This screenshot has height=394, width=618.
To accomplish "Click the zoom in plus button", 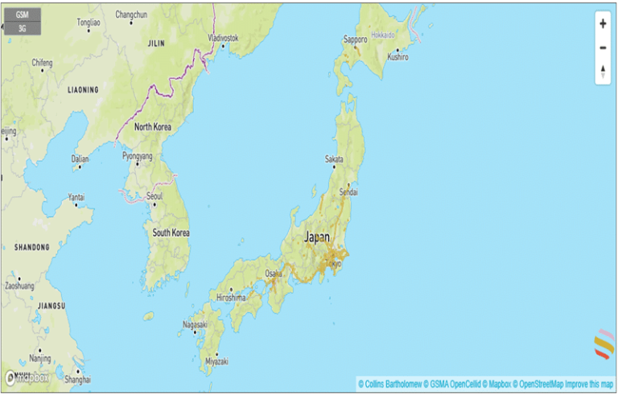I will pyautogui.click(x=603, y=24).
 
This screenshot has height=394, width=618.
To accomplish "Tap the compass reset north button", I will pyautogui.click(x=603, y=72).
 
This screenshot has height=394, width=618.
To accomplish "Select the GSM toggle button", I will pyautogui.click(x=22, y=14).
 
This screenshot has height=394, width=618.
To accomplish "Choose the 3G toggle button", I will pyautogui.click(x=22, y=28).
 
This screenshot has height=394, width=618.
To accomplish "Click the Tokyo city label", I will pyautogui.click(x=333, y=263).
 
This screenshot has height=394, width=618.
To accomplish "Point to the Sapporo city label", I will pyautogui.click(x=355, y=39).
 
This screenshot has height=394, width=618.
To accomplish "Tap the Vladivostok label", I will pyautogui.click(x=223, y=38).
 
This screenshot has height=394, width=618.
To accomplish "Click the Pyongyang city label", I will pyautogui.click(x=137, y=155).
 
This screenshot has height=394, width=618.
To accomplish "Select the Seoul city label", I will pyautogui.click(x=155, y=196).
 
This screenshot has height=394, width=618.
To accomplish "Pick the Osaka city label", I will pyautogui.click(x=274, y=273).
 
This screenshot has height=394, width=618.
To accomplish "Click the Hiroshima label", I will pyautogui.click(x=231, y=297).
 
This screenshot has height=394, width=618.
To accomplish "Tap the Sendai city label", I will pyautogui.click(x=348, y=193).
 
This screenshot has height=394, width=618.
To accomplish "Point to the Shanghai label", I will pyautogui.click(x=79, y=379).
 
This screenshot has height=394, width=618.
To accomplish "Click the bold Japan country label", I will pyautogui.click(x=317, y=237).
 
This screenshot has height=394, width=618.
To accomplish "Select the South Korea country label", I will pyautogui.click(x=171, y=232).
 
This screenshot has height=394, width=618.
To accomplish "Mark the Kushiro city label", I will pyautogui.click(x=398, y=57).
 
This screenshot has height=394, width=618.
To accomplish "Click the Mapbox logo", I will pyautogui.click(x=27, y=377).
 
